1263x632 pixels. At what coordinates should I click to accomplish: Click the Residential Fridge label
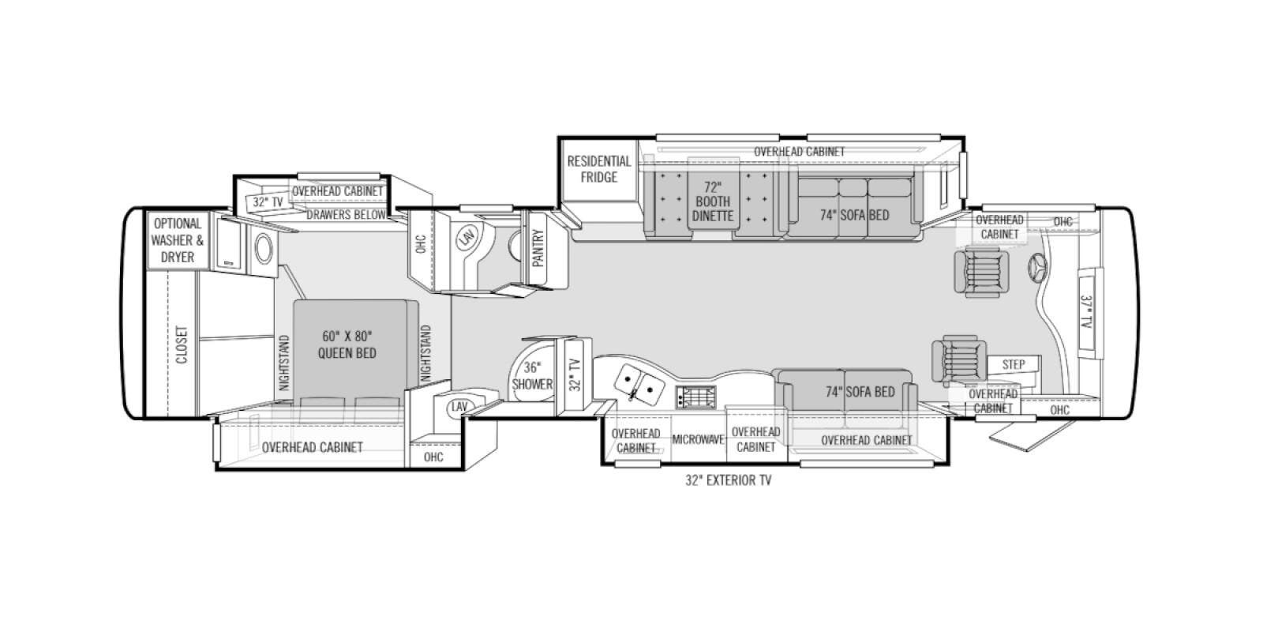[599, 169]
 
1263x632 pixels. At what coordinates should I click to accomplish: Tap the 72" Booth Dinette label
[713, 201]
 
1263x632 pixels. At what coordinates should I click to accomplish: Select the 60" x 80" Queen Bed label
[347, 344]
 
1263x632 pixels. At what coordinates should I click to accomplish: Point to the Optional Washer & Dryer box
[178, 240]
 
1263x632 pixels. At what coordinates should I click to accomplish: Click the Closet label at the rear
[182, 344]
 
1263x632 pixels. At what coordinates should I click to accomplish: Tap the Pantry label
[538, 248]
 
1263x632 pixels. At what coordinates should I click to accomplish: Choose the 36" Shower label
[532, 376]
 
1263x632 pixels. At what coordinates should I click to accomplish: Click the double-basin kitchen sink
[639, 385]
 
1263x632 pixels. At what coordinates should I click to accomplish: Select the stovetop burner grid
[696, 397]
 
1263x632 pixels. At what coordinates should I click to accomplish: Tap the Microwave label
[698, 439]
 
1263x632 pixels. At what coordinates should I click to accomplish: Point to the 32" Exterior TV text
[728, 480]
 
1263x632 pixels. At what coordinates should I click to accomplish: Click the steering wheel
[1038, 267]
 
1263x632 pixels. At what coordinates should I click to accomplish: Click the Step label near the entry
[1014, 364]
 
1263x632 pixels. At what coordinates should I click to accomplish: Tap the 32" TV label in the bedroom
[268, 202]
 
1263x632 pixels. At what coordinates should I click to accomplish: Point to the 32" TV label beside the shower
[575, 375]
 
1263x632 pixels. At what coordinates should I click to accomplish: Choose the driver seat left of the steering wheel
[982, 272]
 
